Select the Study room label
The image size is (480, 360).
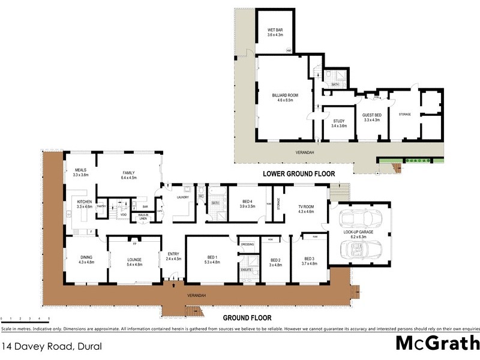click(x=339, y=122)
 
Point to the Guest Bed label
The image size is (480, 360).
click(x=372, y=116)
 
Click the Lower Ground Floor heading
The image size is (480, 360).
click(x=298, y=174)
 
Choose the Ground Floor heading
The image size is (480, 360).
click(x=247, y=318)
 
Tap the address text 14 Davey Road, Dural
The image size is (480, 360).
click(x=51, y=346)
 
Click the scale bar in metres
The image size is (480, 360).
click(x=25, y=319)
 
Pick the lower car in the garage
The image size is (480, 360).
click(x=362, y=250)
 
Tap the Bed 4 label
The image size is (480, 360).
click(x=248, y=202)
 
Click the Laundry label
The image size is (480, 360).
click(x=182, y=197)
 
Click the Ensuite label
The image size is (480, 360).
click(x=247, y=270)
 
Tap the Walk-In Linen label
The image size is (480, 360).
click(x=143, y=217)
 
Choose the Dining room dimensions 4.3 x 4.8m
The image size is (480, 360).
click(x=86, y=262)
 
